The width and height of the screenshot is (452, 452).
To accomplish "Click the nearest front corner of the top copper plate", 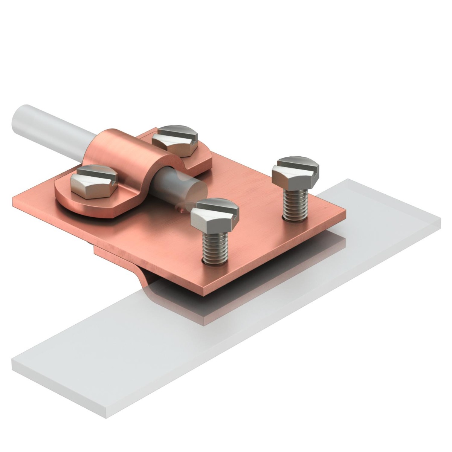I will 205,294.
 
